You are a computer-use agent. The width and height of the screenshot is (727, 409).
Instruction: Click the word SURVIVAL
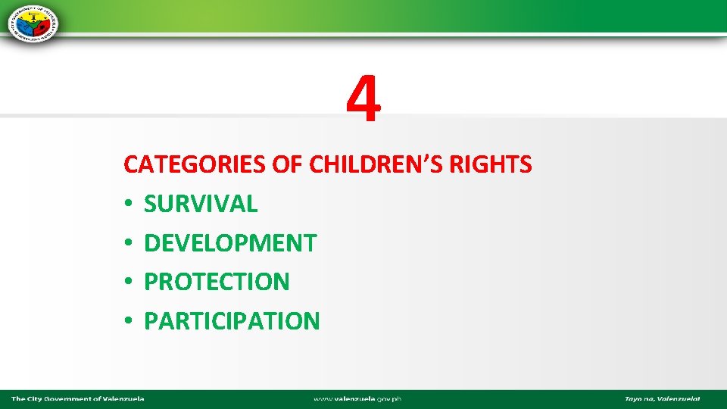click(201, 203)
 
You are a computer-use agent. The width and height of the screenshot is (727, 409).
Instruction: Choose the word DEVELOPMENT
click(230, 242)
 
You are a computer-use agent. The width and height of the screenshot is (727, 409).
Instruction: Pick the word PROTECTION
click(217, 282)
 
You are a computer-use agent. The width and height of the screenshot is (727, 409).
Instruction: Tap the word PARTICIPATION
click(232, 321)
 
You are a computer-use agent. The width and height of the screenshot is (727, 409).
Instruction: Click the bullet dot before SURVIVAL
click(129, 204)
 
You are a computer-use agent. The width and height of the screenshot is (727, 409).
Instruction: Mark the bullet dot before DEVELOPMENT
click(129, 243)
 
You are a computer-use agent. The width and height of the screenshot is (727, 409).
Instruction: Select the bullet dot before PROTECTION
click(129, 283)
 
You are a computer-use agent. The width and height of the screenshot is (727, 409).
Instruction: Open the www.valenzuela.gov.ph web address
click(357, 398)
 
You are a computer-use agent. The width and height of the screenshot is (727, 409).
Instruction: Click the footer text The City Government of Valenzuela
click(77, 398)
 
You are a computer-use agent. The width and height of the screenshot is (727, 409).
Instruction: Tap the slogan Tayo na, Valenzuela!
click(662, 398)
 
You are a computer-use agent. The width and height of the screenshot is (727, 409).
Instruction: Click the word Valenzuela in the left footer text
click(123, 398)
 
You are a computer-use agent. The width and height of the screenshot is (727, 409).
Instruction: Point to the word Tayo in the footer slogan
click(633, 398)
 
